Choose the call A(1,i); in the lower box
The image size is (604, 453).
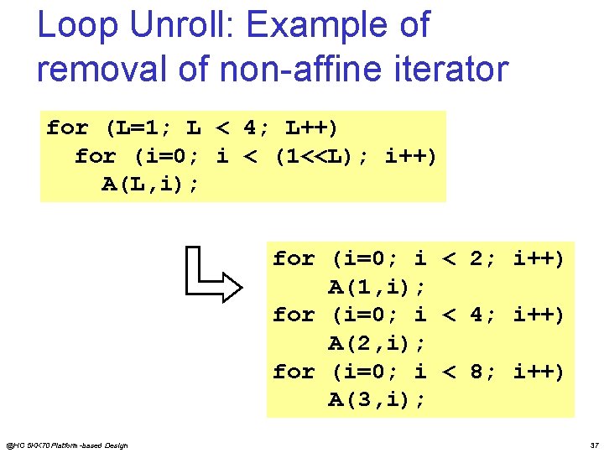click(x=376, y=288)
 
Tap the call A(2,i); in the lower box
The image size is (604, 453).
click(x=376, y=344)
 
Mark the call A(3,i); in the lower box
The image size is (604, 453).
click(x=376, y=400)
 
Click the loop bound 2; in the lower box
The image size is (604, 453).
click(x=483, y=259)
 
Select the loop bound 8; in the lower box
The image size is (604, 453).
click(x=483, y=372)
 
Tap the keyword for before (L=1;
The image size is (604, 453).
click(x=67, y=128)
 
